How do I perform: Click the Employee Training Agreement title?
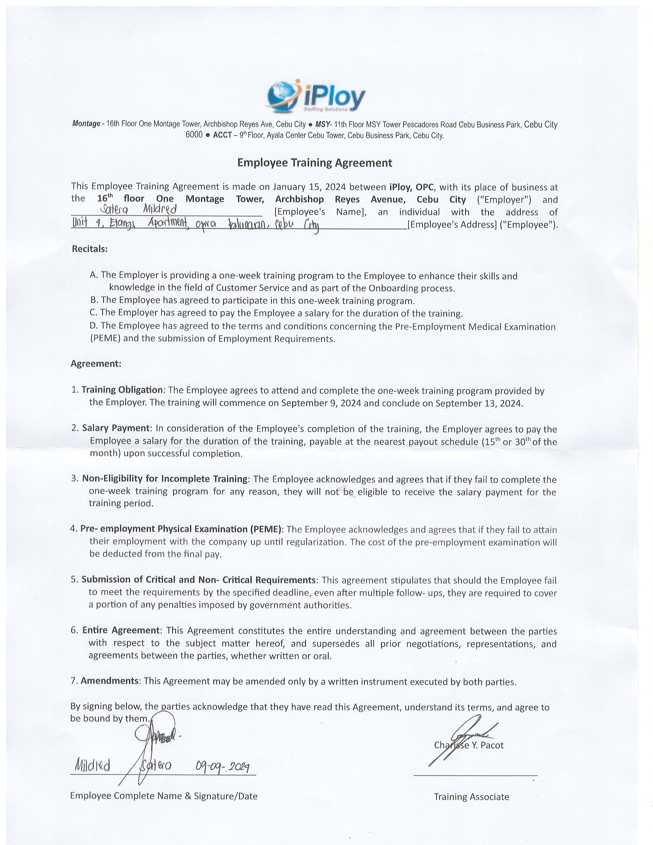pos(314,163)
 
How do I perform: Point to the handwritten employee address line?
pos(195,224)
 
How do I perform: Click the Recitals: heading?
pos(90,249)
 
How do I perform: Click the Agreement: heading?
pos(96,364)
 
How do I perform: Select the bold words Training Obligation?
pos(122,390)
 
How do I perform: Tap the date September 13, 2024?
pos(479,403)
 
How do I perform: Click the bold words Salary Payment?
pos(116,428)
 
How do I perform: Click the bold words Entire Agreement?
pos(121,630)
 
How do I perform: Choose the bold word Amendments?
pos(110,681)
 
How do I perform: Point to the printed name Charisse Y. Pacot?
pos(469,745)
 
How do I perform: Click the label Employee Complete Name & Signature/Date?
pos(164,796)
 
